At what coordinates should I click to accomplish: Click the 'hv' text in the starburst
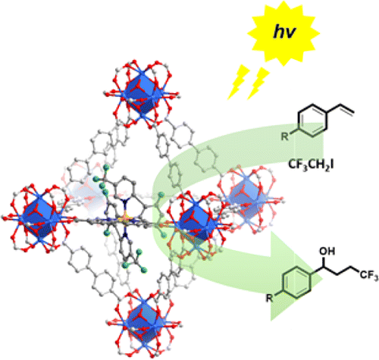click(284, 33)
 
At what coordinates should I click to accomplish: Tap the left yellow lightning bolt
click(239, 82)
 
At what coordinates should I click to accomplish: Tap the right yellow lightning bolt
click(258, 83)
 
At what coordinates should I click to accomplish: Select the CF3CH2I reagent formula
click(312, 165)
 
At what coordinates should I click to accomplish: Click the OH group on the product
click(327, 251)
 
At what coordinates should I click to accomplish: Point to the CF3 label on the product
click(369, 275)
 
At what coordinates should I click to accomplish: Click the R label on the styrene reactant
click(285, 137)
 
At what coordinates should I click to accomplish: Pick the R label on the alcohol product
click(270, 299)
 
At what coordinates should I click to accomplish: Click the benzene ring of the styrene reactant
click(313, 121)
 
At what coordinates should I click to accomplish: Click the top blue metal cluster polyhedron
click(143, 94)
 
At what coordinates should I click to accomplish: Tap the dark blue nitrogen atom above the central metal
click(124, 201)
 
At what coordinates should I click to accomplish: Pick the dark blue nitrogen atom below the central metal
click(125, 236)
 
